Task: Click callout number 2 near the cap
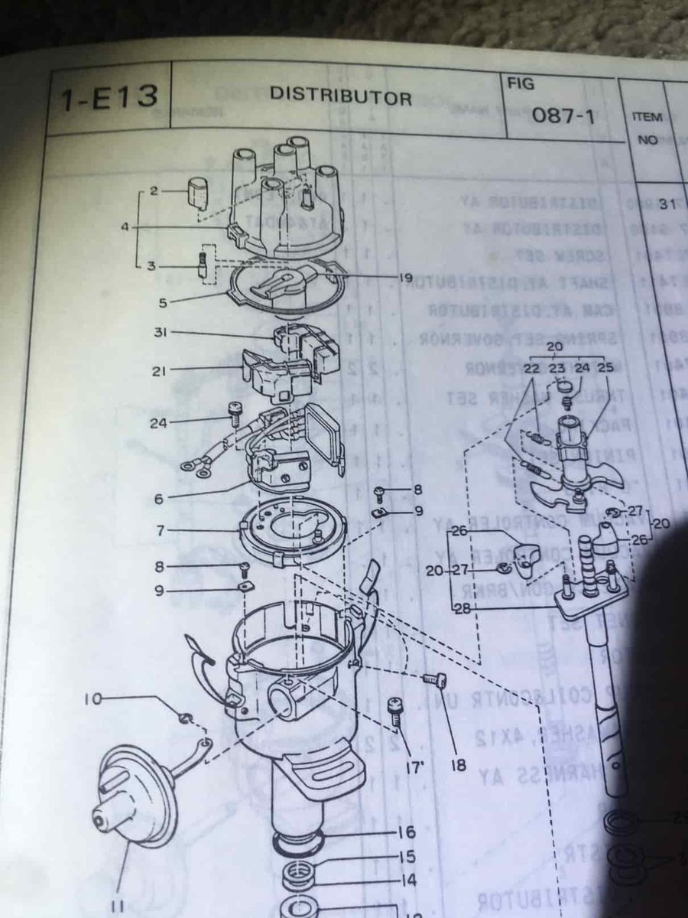pyautogui.click(x=154, y=190)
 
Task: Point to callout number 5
pyautogui.click(x=161, y=302)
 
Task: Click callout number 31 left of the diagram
pyautogui.click(x=159, y=332)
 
